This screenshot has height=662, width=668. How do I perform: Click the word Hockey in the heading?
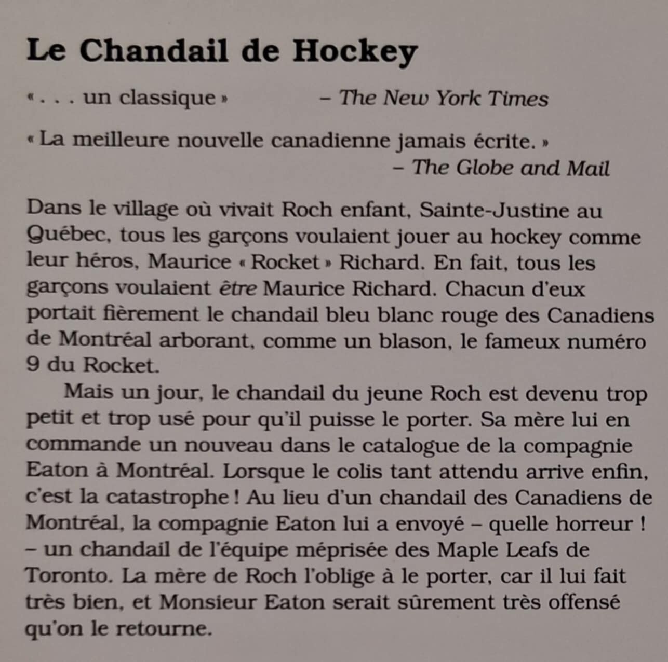[x=355, y=51]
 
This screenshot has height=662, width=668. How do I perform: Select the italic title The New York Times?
[x=444, y=98]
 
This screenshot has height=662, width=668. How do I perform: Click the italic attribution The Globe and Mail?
[x=511, y=168]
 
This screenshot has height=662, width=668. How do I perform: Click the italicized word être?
[x=237, y=288]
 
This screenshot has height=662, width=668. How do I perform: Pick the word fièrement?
[x=146, y=314]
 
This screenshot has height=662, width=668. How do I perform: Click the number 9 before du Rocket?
[x=32, y=365]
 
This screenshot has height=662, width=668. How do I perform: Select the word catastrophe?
[x=167, y=498]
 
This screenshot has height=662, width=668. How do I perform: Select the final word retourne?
[x=164, y=629]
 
